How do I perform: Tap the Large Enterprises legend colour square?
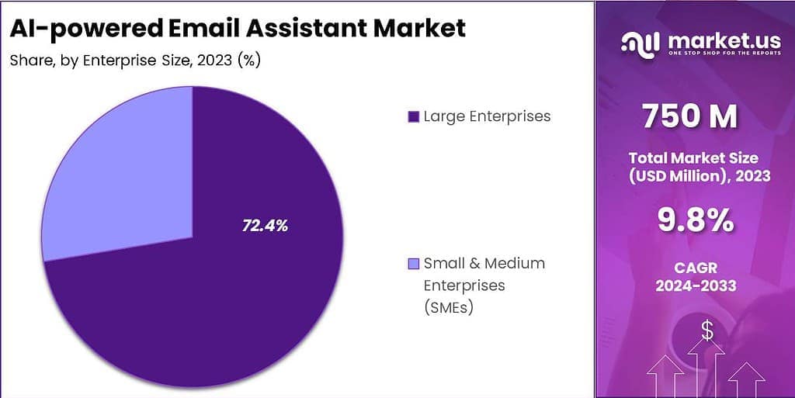pos(413,117)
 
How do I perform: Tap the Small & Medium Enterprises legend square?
pos(413,264)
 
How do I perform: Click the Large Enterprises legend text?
pos(487,116)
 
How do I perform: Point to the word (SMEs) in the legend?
pos(449,307)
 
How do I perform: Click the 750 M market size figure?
pos(690,116)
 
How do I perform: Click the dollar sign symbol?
pos(706,331)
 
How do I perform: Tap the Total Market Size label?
pos(693,158)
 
